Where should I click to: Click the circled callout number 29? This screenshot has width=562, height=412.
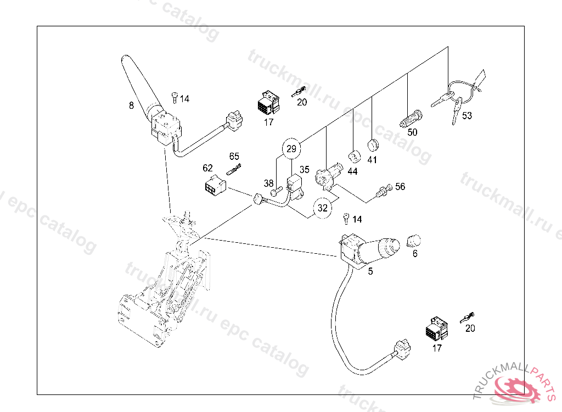point(291,148)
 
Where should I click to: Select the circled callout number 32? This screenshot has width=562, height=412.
point(323,208)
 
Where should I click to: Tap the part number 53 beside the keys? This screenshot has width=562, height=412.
point(467,116)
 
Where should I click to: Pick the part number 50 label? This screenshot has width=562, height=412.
point(412,132)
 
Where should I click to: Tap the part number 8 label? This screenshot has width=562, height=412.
point(131,105)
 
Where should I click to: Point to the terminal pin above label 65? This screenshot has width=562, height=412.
point(234,169)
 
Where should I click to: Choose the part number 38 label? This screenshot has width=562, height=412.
point(268,183)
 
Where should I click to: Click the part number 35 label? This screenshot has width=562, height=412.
point(305,170)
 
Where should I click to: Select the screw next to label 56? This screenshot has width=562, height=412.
point(382,190)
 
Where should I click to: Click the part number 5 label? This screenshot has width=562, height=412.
point(370,271)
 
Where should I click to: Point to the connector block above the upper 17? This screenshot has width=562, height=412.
point(267,102)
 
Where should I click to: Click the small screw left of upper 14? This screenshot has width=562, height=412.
point(174,97)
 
